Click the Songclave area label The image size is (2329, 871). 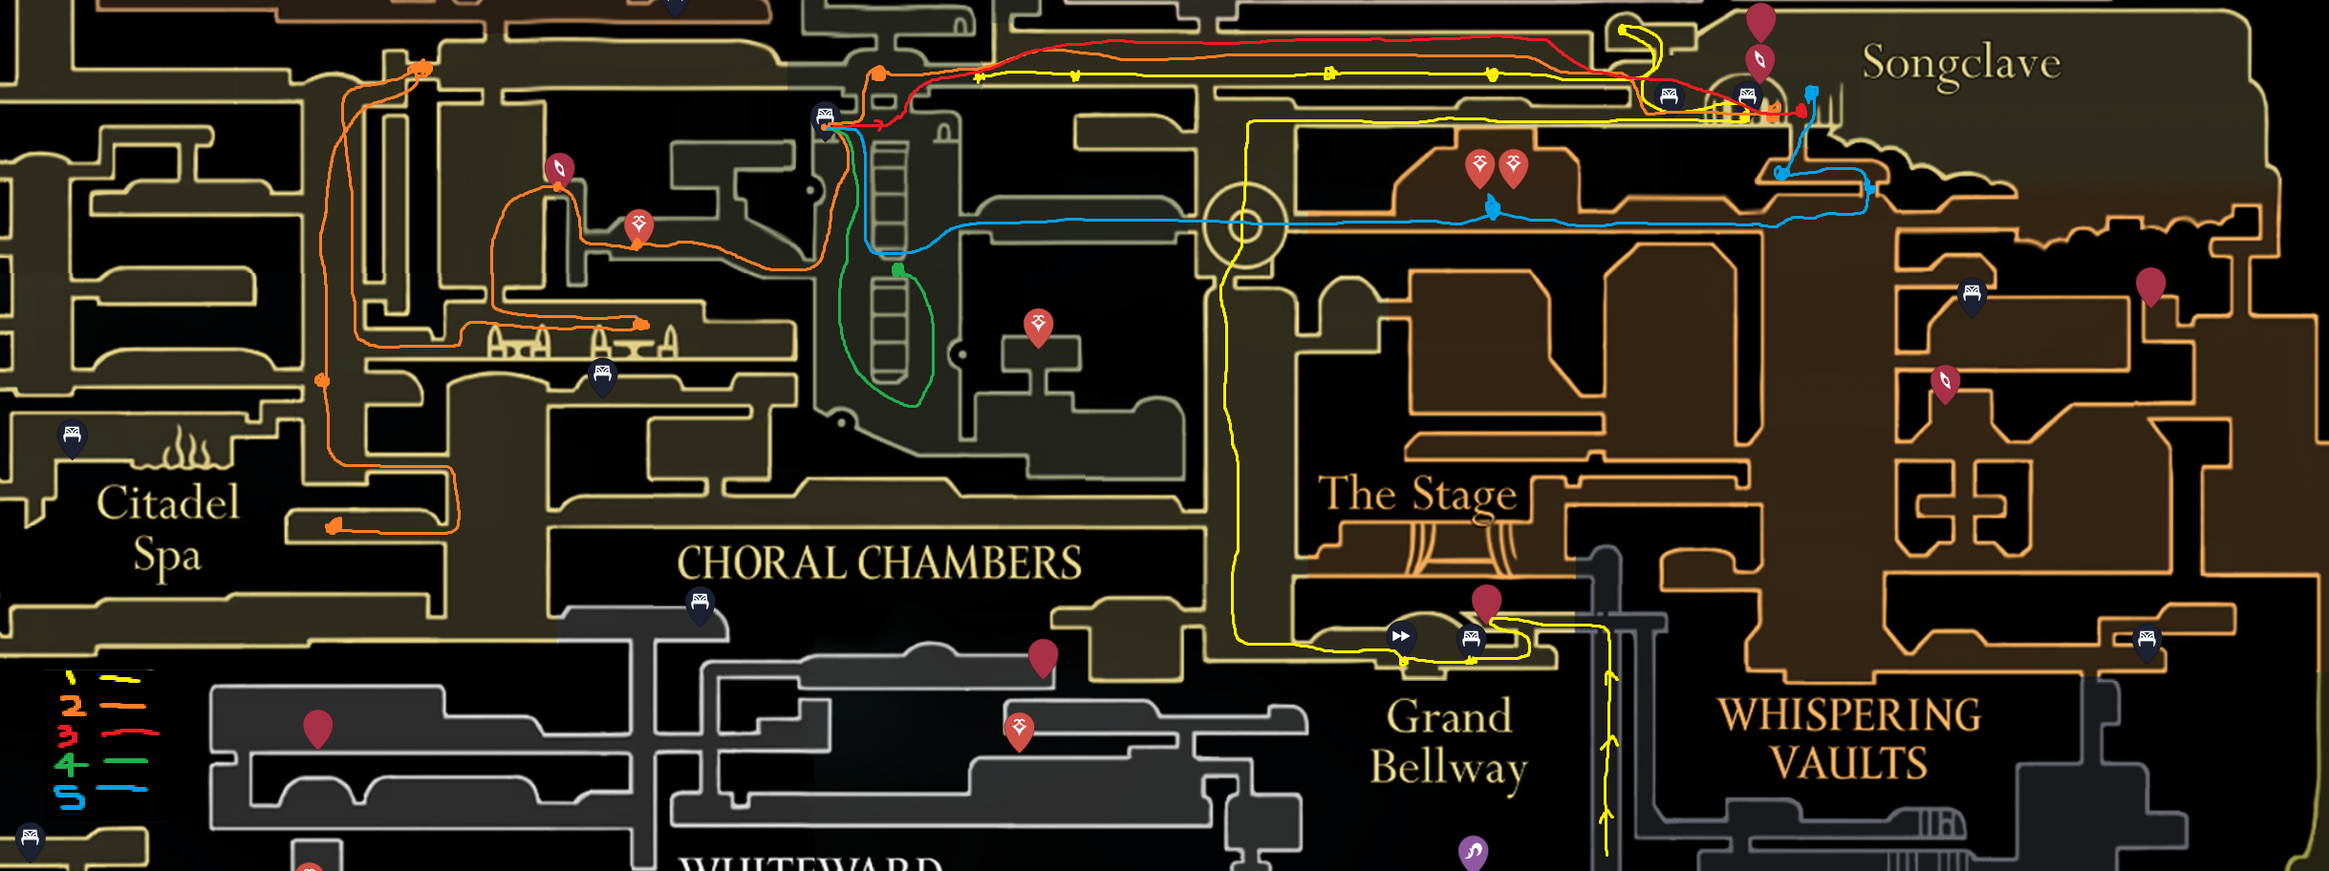[x=1960, y=64]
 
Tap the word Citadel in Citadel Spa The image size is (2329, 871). [x=168, y=502]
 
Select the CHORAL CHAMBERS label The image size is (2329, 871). [x=879, y=563]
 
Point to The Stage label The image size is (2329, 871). [x=1417, y=495]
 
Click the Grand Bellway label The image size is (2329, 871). [x=1449, y=742]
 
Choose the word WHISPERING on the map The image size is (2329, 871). [x=1849, y=715]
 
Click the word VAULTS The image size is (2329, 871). [x=1848, y=763]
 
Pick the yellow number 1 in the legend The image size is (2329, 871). [x=70, y=678]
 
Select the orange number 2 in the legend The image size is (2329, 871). [x=72, y=706]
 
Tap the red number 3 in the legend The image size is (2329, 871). [x=68, y=735]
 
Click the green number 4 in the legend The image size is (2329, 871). [x=70, y=763]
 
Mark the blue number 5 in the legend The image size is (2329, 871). [x=69, y=796]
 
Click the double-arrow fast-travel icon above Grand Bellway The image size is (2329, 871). [x=1401, y=636]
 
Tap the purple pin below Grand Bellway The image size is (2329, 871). [x=1473, y=850]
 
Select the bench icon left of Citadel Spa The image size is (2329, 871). [x=72, y=435]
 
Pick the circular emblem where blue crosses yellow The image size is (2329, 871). [x=1245, y=226]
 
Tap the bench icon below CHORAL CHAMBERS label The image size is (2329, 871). [x=700, y=603]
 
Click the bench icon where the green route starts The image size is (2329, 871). [x=825, y=117]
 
